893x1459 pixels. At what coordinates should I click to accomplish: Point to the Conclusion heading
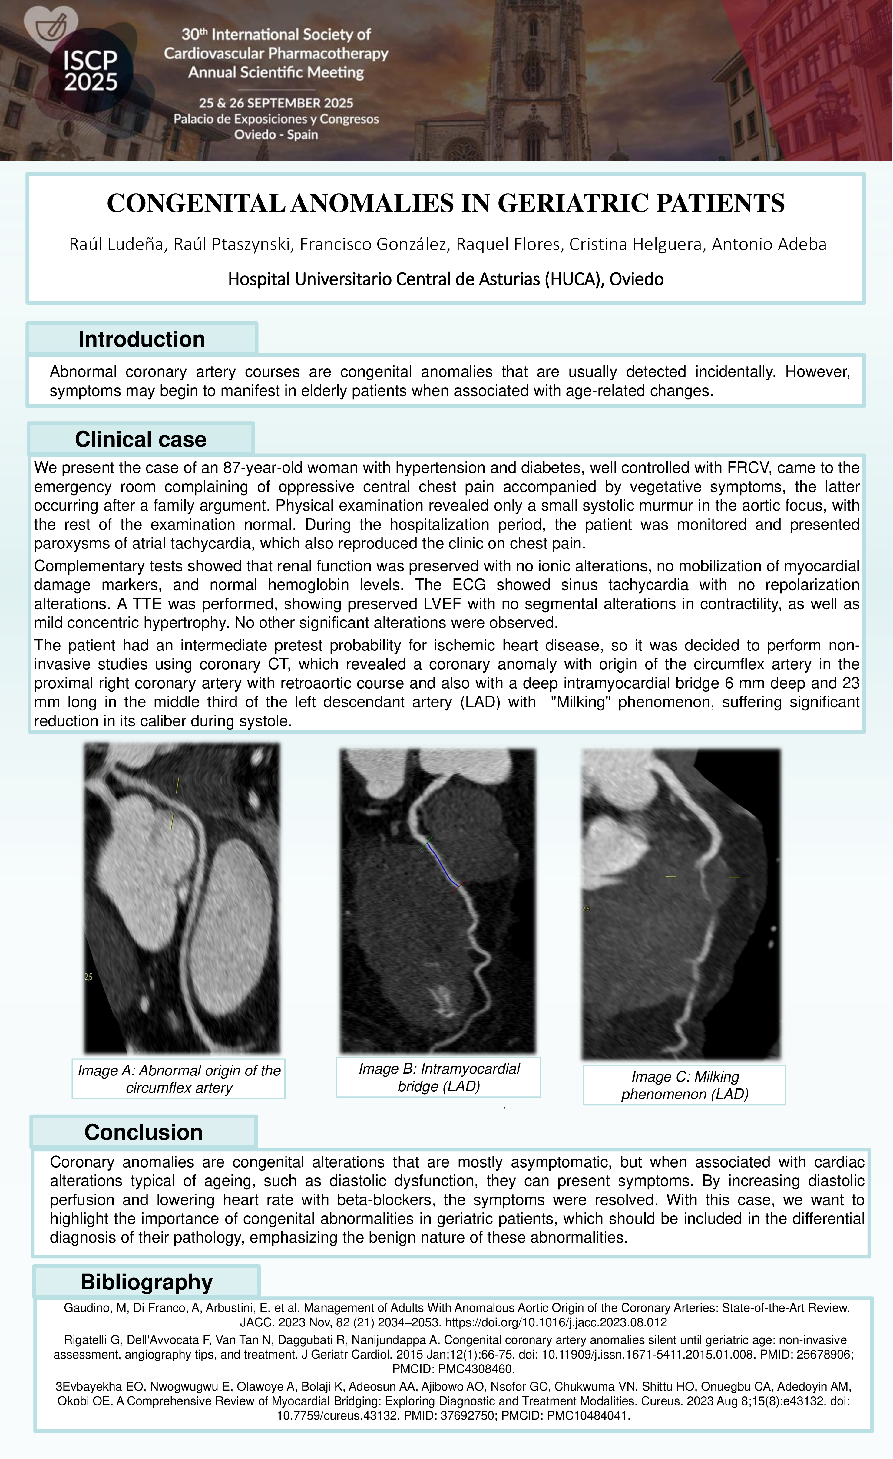tap(143, 1131)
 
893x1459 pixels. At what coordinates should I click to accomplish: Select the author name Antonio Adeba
tap(769, 244)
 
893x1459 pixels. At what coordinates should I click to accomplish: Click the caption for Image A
tap(179, 1079)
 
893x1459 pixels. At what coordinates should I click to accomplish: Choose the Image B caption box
tap(439, 1077)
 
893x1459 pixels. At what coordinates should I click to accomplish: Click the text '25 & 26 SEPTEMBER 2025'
tap(276, 103)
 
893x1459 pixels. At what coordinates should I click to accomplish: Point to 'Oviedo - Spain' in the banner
tap(276, 134)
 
